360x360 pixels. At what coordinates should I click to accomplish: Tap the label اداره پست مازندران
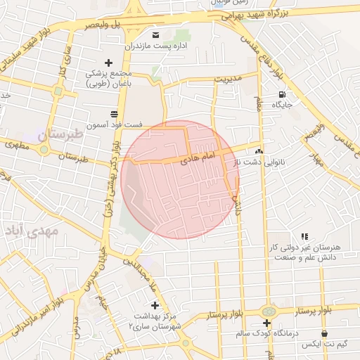coord(154,46)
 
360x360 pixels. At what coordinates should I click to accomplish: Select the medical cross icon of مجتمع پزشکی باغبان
coord(108,63)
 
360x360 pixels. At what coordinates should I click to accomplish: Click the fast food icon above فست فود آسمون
coord(115,114)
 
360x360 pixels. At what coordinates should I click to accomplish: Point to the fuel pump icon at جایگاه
coord(282,94)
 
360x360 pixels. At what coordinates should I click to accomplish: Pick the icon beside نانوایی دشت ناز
coord(259,150)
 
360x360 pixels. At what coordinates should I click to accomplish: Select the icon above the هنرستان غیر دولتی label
coord(304,237)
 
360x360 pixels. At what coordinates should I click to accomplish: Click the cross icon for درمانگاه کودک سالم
coord(267,323)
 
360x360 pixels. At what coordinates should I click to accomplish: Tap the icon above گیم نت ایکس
coord(324,333)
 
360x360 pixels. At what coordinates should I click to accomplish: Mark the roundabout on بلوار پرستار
coord(268,311)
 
